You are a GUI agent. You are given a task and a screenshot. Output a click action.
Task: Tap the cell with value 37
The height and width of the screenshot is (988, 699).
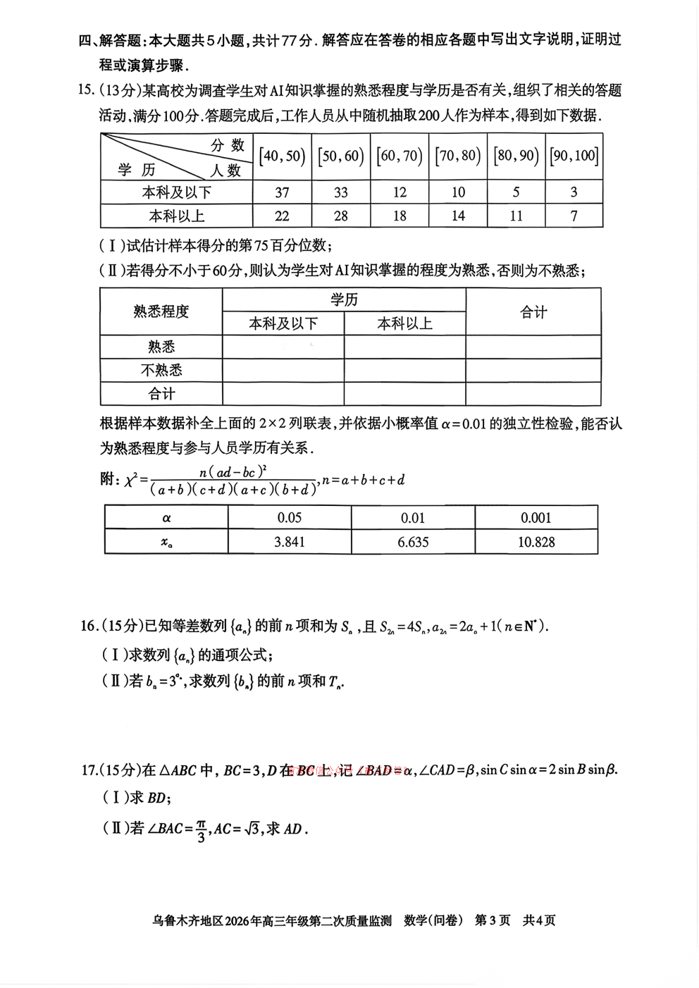coord(282,192)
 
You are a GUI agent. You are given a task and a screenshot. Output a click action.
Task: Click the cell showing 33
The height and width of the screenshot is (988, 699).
coord(341,192)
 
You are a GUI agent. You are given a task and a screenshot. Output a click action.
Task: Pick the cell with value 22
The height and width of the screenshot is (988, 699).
coord(282,216)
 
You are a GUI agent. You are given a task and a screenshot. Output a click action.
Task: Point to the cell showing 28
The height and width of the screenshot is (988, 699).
coord(341,216)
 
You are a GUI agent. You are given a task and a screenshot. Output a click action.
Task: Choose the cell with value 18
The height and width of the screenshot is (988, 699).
coord(400,216)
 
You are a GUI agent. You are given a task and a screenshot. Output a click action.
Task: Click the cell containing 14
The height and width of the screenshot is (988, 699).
coord(458,216)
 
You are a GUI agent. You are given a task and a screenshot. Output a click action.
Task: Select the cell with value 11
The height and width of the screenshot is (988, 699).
coord(516,216)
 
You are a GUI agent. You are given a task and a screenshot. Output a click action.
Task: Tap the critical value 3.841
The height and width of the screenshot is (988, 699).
coord(290,542)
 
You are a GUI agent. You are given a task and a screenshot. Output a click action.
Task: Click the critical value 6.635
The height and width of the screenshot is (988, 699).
coord(413,542)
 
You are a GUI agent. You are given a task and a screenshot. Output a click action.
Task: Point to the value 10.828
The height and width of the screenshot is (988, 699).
coord(536,542)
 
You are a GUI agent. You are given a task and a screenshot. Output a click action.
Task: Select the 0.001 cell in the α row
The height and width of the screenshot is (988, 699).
coord(536,518)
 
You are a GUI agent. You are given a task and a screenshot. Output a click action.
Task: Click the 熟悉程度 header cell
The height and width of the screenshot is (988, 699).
coord(161,311)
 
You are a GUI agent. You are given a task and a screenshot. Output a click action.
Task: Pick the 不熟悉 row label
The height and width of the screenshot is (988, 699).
coord(161,370)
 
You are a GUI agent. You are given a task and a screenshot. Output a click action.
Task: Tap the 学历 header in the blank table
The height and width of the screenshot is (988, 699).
coord(344,300)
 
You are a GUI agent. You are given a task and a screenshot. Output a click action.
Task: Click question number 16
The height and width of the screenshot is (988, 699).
coord(89,626)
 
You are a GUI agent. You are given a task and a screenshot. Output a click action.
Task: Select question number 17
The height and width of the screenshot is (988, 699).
coord(89,770)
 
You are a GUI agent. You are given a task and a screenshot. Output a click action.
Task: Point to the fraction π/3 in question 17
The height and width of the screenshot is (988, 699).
coord(201,829)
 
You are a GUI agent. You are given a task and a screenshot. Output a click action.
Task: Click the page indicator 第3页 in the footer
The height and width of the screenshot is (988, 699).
coord(493,920)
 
